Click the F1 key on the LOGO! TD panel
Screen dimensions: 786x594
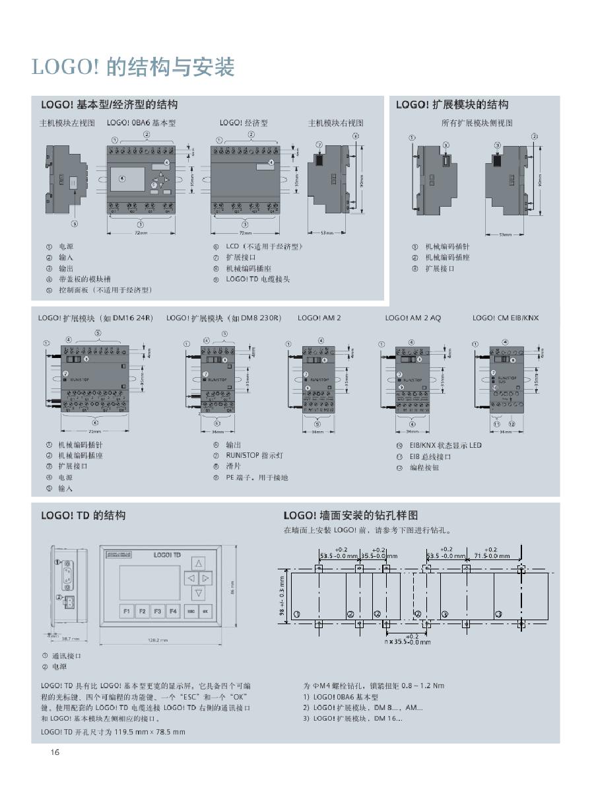(x=126, y=612)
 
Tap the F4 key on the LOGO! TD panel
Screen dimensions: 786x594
(x=172, y=612)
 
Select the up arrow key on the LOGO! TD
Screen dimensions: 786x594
(x=197, y=563)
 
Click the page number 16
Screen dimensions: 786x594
(x=55, y=752)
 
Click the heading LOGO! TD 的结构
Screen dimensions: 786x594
(x=83, y=515)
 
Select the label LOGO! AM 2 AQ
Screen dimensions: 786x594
(x=413, y=318)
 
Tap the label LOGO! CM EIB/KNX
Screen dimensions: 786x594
(x=505, y=318)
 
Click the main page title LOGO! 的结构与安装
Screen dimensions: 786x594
(x=133, y=67)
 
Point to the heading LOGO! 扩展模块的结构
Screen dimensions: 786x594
(x=452, y=105)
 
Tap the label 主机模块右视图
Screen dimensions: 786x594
(x=336, y=123)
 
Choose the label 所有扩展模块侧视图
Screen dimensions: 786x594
(x=477, y=123)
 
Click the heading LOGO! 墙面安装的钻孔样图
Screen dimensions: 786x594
(x=351, y=515)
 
